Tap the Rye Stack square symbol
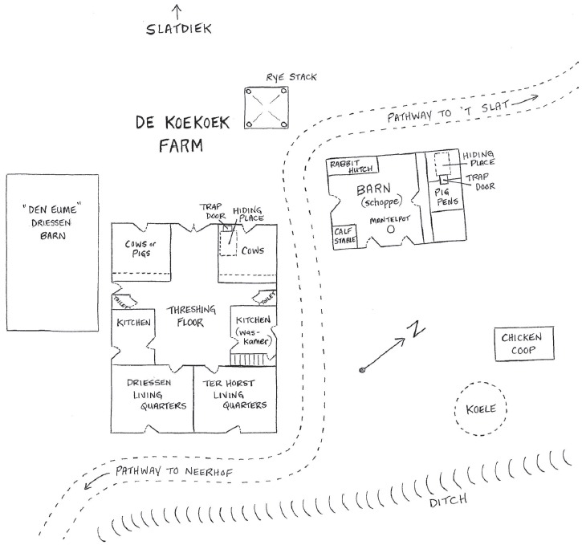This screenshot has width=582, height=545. click(x=268, y=108)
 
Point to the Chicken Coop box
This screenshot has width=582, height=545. click(x=523, y=344)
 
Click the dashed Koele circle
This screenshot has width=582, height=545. click(x=481, y=408)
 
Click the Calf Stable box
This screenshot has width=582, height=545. click(x=347, y=235)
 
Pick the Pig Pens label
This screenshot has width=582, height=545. click(x=447, y=197)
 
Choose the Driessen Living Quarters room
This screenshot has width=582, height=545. click(x=152, y=399)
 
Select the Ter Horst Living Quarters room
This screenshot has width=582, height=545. click(x=234, y=399)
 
